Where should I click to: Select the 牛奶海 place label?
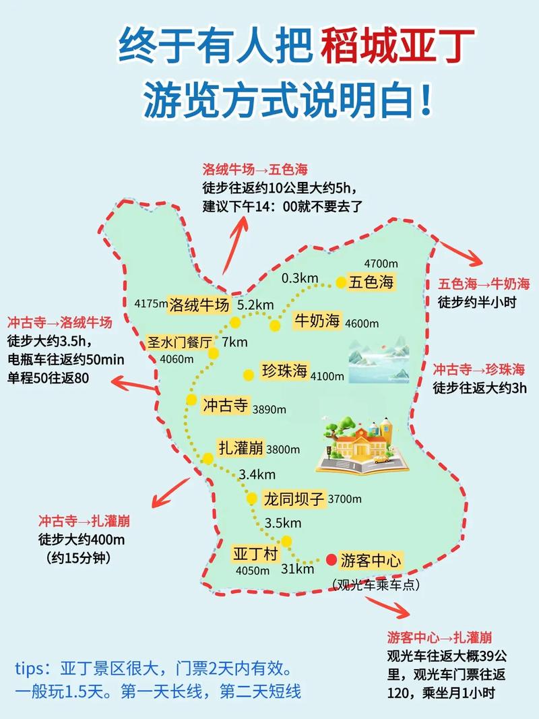click(317, 321)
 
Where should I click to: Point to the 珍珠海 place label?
click(284, 371)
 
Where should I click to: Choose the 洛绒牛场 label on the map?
click(199, 304)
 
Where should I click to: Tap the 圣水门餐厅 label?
click(179, 342)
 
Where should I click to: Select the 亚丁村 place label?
click(255, 554)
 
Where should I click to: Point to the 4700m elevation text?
click(382, 263)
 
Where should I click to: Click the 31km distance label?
click(298, 569)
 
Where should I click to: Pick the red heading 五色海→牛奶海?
click(484, 284)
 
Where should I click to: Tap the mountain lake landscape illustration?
click(379, 361)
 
